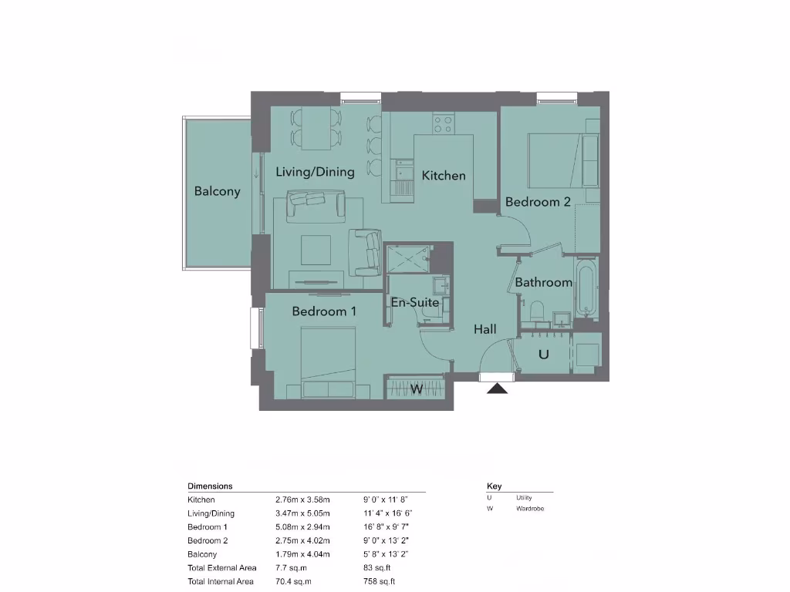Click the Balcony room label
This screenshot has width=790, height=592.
[x=217, y=191]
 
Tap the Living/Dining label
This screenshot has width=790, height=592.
[x=315, y=172]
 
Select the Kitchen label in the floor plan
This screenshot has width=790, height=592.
[x=444, y=176]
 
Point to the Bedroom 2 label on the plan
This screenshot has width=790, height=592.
[x=538, y=202]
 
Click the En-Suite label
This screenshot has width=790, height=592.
[x=415, y=302]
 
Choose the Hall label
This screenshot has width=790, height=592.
[x=484, y=329]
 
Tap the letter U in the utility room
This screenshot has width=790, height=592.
[x=543, y=355]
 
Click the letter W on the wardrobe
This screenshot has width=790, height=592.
[x=416, y=389]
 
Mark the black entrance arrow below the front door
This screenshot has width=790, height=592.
[x=498, y=388]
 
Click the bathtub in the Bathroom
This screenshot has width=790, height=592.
[x=586, y=289]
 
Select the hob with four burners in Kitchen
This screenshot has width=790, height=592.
[x=443, y=123]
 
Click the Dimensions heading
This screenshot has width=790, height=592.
[x=210, y=486]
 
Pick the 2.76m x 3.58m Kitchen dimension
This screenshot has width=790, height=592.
[x=302, y=499]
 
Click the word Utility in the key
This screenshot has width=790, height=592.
[x=524, y=498]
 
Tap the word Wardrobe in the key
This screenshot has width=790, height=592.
[x=530, y=509]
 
